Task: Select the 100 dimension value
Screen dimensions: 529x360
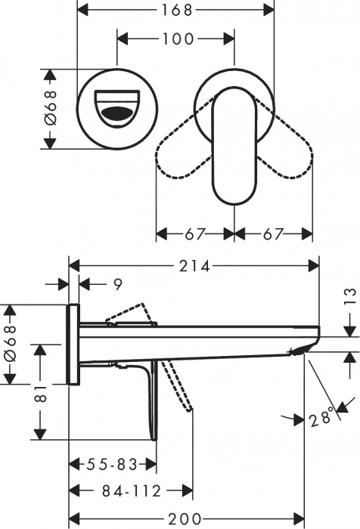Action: [178, 39]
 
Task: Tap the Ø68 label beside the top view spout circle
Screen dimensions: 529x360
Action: [50, 109]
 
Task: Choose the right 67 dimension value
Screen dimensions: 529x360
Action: [275, 234]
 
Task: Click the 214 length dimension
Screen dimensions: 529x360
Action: [194, 265]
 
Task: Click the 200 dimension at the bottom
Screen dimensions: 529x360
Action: [186, 518]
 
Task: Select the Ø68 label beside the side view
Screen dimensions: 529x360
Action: [9, 344]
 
